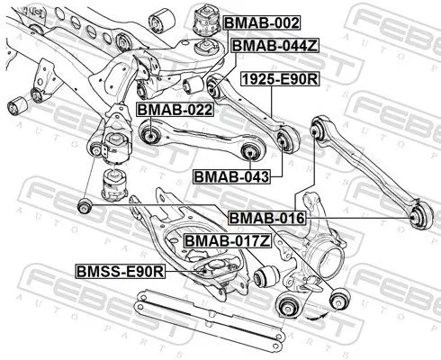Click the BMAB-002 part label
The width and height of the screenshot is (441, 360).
261,22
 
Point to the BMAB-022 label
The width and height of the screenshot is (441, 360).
174,110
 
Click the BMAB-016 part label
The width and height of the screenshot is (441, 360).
266,218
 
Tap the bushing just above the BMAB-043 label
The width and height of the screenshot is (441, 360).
287,138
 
